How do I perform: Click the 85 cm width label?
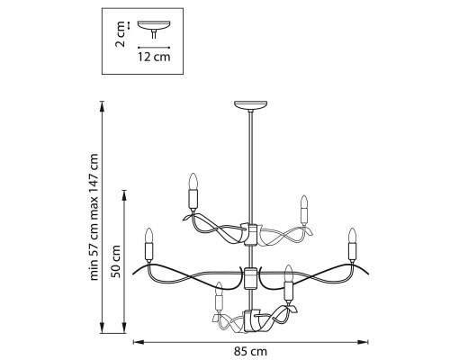pos(250,351)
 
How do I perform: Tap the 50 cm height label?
pos(116,262)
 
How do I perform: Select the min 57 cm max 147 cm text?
pos(94,217)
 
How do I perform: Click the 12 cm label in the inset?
pos(154,57)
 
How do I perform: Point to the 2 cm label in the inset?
pos(121,34)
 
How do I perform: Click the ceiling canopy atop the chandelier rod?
pos(250,105)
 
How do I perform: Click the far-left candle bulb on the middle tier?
pos(149,236)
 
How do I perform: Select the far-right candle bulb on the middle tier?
pos(352,236)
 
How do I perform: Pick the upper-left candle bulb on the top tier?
pos(193,181)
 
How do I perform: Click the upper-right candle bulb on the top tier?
pos(304,202)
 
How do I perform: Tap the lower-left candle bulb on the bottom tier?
pos(220,288)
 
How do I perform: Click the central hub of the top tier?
pos(250,235)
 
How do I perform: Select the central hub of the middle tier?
pos(250,278)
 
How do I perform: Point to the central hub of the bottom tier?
pos(251,321)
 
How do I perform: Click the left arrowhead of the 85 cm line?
pos(137,342)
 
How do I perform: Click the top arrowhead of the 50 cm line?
pos(124,194)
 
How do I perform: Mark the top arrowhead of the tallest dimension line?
pos(103,105)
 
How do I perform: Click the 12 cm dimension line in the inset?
pos(154,48)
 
